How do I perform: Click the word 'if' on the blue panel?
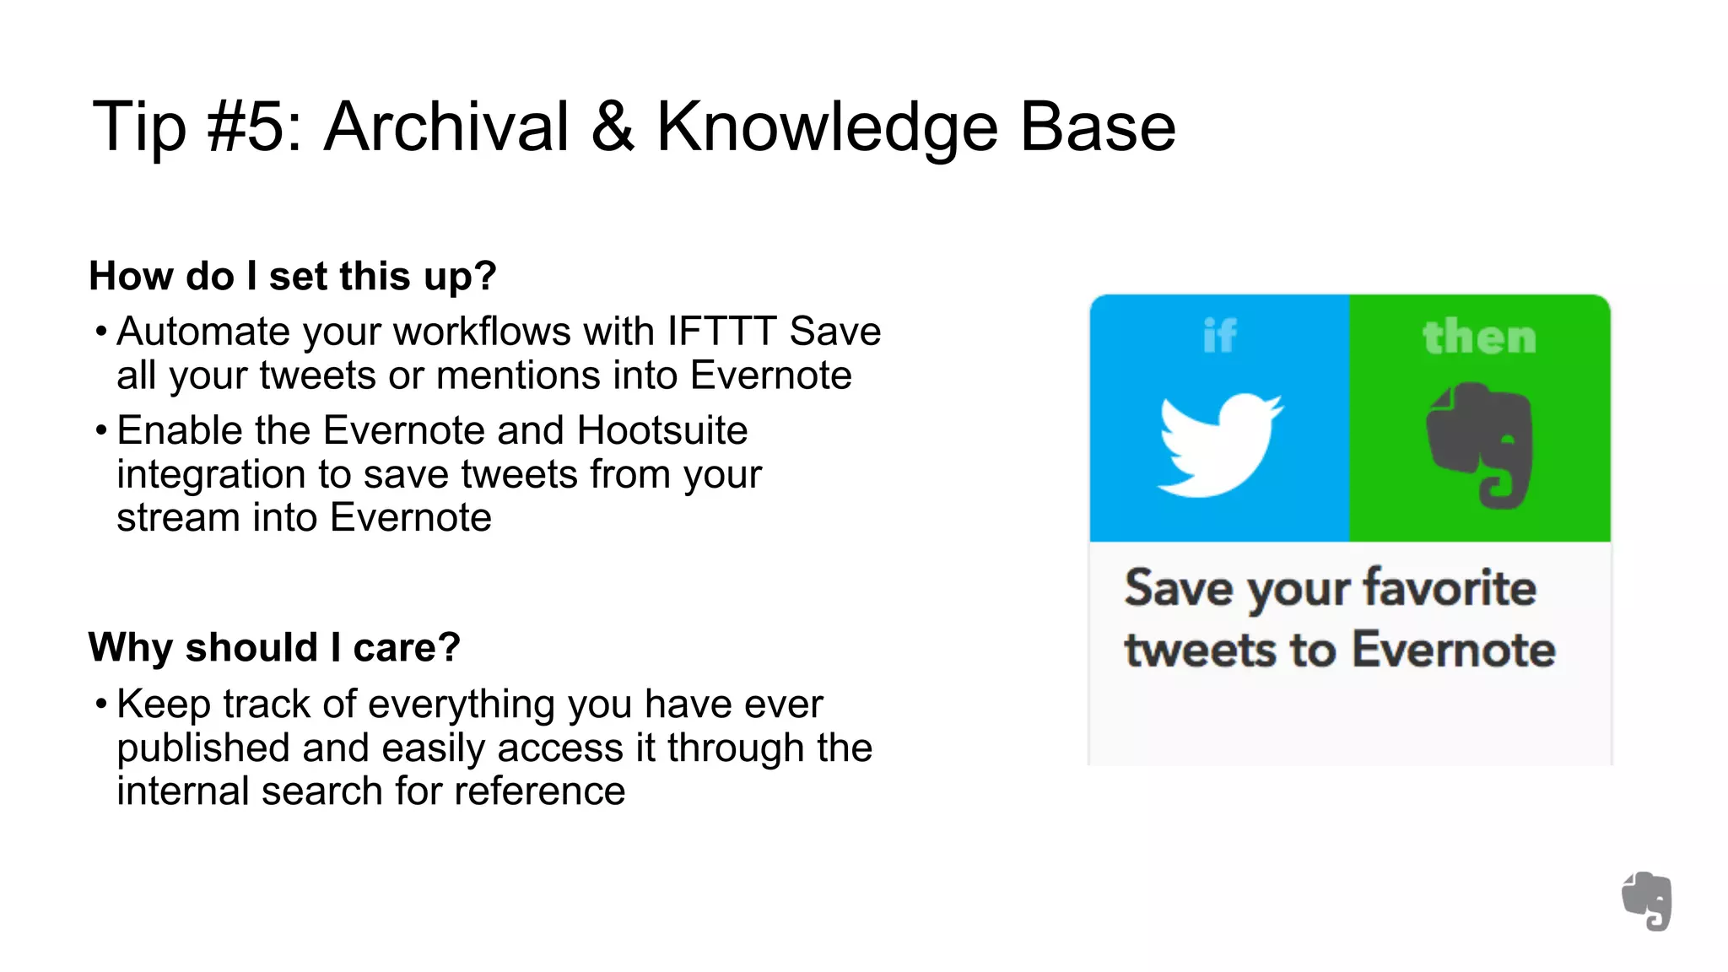(x=1219, y=336)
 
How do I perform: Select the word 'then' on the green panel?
(x=1479, y=337)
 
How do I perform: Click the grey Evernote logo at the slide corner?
(x=1647, y=901)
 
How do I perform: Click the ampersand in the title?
(x=613, y=127)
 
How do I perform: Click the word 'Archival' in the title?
(x=446, y=127)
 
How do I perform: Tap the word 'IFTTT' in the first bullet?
(x=721, y=332)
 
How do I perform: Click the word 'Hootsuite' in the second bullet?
(x=662, y=430)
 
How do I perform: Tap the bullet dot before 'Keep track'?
(x=101, y=704)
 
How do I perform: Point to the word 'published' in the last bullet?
(x=202, y=748)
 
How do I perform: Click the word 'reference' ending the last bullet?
(x=540, y=791)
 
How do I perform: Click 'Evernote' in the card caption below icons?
(x=1454, y=650)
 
